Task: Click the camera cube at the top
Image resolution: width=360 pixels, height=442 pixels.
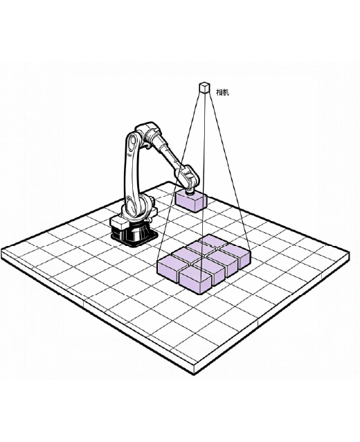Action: [x=204, y=87]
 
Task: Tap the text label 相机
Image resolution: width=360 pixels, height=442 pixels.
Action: [x=222, y=92]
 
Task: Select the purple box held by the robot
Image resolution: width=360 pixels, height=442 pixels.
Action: [x=191, y=201]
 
